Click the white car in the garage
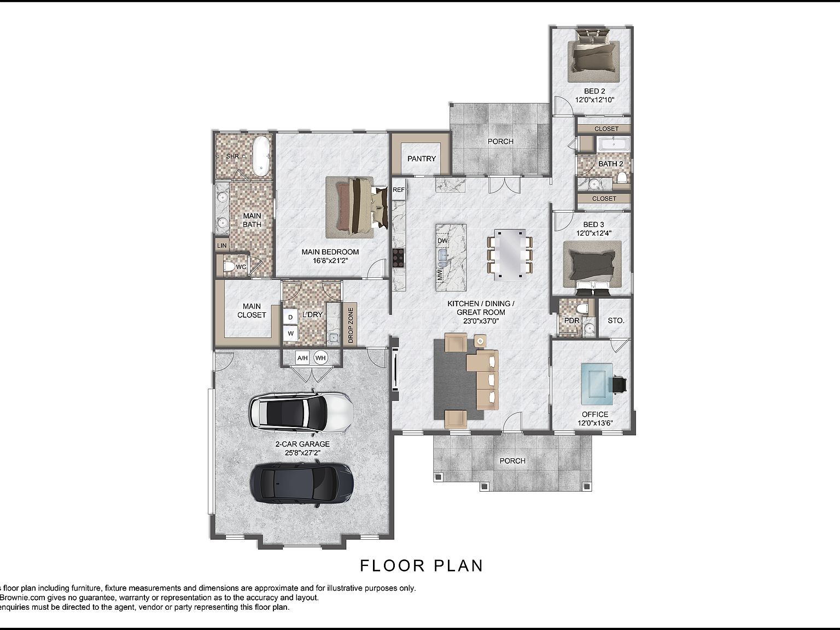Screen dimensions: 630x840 pos(301,412)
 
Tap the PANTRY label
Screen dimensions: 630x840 pos(422,159)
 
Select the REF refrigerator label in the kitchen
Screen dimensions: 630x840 pos(399,190)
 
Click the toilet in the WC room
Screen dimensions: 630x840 pos(229,267)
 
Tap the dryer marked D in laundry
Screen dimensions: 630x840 pos(290,317)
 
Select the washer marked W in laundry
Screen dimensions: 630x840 pos(290,333)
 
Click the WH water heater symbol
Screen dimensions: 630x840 pos(320,358)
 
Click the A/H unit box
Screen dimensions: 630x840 pos(302,358)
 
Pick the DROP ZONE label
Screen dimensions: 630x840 pos(351,325)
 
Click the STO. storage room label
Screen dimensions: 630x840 pos(616,320)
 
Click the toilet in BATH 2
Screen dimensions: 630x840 pos(622,178)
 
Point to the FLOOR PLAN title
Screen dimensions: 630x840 pos(422,565)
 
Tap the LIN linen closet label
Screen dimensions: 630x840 pos(221,246)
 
